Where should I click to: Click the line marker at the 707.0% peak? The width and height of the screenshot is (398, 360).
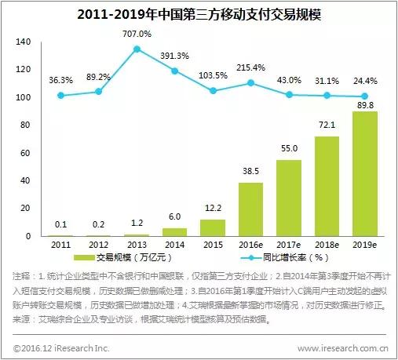(137, 49)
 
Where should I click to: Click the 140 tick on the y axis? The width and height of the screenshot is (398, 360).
(22, 42)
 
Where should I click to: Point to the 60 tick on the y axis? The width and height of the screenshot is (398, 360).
(24, 153)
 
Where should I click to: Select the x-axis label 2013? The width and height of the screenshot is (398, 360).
(137, 245)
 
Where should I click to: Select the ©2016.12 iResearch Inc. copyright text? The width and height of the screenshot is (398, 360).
(61, 347)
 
